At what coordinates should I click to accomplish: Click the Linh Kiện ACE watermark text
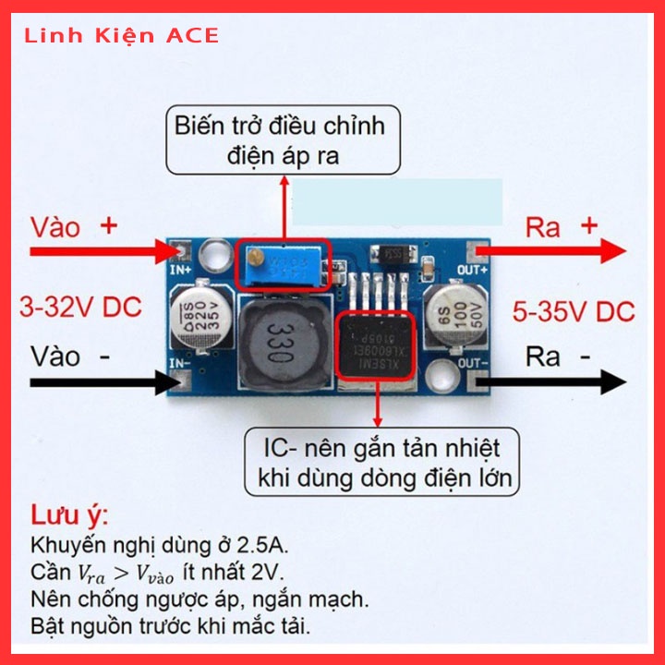(x=122, y=36)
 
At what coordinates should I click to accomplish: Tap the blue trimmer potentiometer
(x=283, y=263)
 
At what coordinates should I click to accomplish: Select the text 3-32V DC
(x=81, y=307)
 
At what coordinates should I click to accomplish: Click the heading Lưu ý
(x=70, y=514)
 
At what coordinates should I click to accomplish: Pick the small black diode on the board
(x=396, y=250)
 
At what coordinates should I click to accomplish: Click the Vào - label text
(x=69, y=357)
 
